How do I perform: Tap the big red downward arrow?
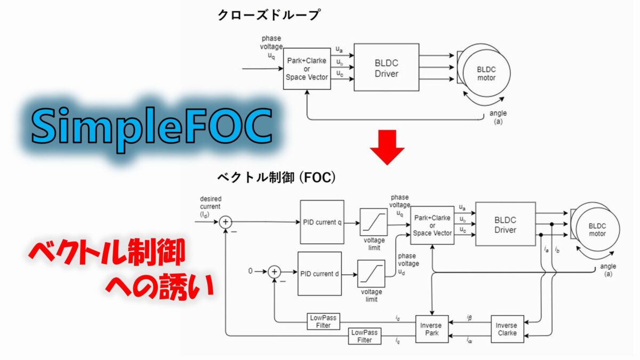(x=387, y=147)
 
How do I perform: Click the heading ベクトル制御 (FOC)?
(x=276, y=177)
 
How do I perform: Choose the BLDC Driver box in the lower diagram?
(x=505, y=224)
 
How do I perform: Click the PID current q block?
(x=322, y=222)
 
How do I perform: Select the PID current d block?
(x=319, y=273)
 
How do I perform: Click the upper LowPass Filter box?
(x=323, y=322)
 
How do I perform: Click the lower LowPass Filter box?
(x=364, y=336)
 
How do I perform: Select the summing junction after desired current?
(x=226, y=222)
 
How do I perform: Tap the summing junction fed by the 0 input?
(x=274, y=271)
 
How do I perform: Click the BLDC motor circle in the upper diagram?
(x=485, y=74)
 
